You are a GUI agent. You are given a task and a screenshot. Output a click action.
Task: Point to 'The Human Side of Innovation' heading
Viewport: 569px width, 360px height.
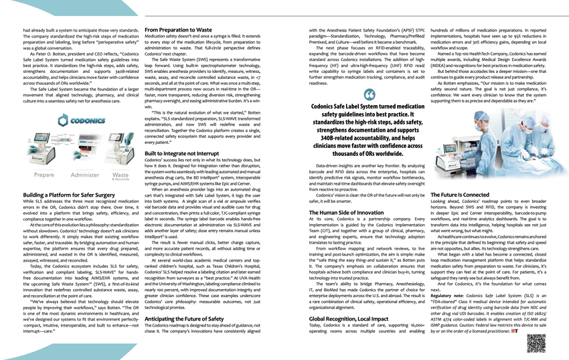tap(346, 212)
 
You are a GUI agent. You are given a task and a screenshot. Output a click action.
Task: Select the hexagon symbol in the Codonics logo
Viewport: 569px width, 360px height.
tap(63, 120)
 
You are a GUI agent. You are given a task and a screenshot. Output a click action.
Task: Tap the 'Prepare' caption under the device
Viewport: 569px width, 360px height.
tap(44, 175)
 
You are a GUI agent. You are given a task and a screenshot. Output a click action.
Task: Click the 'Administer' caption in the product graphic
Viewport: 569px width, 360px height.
tap(84, 175)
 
